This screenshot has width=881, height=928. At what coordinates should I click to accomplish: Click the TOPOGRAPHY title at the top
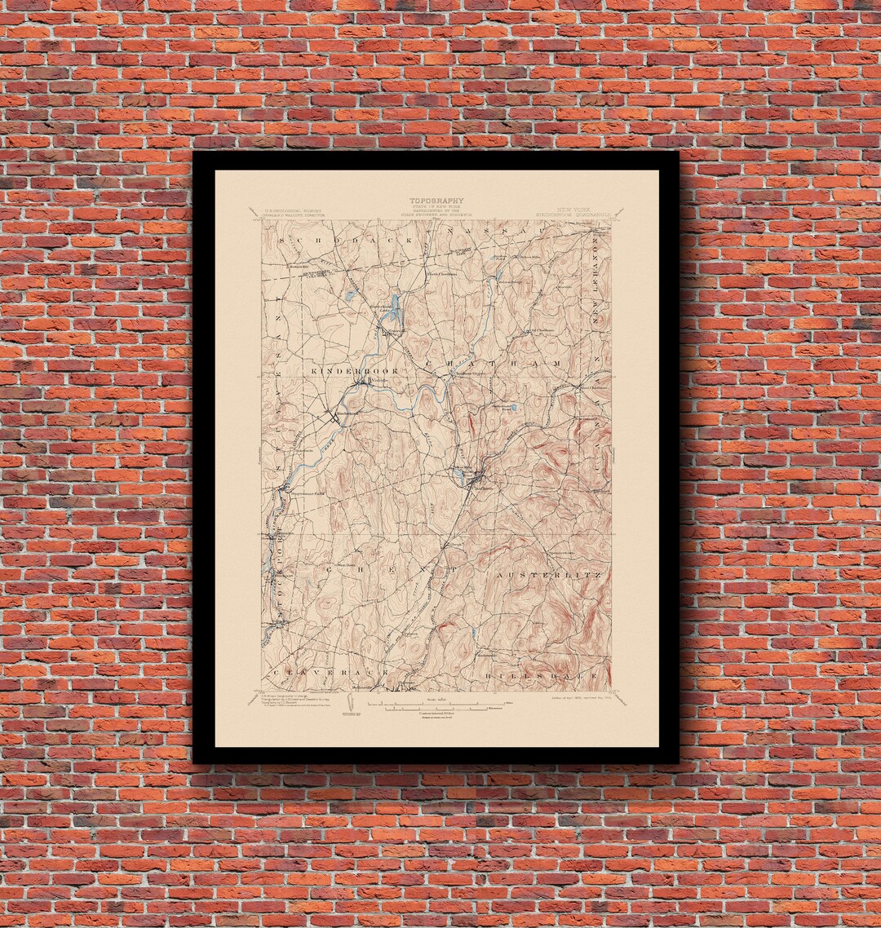[436, 201]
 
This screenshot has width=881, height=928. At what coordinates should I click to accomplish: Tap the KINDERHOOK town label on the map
[354, 371]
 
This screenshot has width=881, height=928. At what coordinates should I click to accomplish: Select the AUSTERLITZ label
[548, 575]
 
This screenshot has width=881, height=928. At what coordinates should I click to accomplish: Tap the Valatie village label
[378, 378]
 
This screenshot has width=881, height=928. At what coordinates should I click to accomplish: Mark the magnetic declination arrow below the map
[352, 703]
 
